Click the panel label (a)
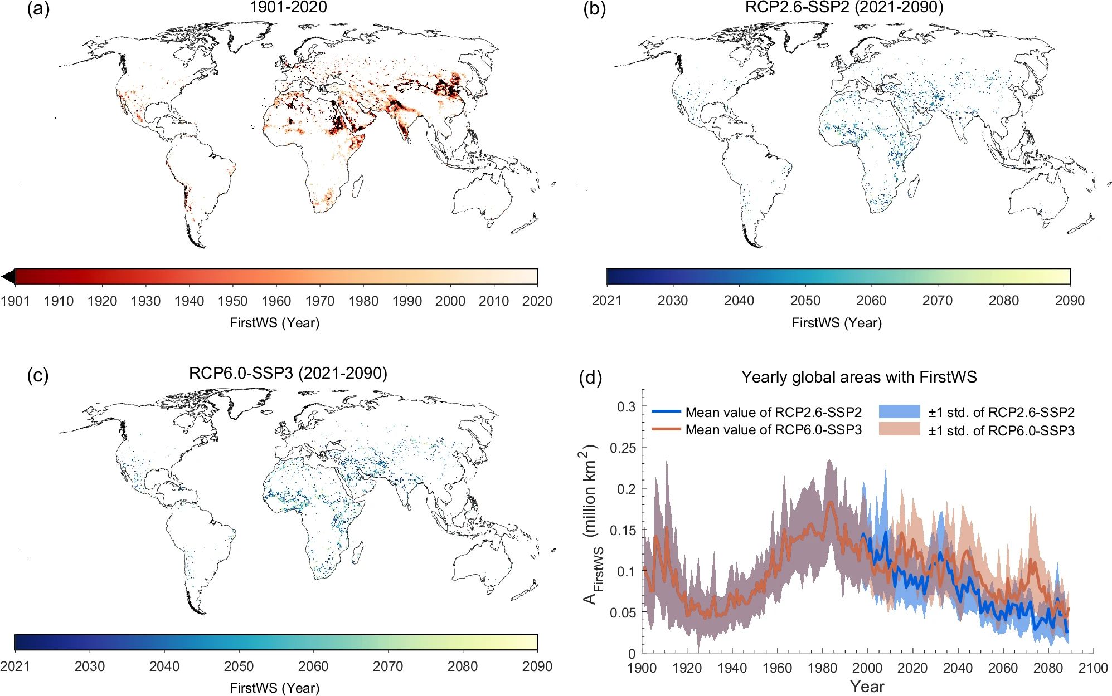[38, 9]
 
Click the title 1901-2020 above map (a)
[288, 7]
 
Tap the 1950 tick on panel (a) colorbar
[233, 301]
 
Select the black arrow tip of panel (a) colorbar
[8, 277]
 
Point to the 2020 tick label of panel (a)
[537, 301]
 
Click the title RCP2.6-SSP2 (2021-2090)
[844, 7]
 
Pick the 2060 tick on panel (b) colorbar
[871, 300]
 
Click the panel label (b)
[594, 9]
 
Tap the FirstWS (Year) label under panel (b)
[837, 322]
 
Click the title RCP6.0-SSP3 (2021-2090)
[288, 372]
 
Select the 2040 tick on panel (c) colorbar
[164, 666]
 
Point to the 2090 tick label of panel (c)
[537, 666]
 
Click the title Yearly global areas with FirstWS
[859, 377]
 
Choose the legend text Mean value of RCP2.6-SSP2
[774, 412]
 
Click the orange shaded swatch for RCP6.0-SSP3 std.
[899, 429]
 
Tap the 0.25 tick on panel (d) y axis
[623, 448]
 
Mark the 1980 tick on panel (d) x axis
[822, 668]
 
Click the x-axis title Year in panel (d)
[867, 687]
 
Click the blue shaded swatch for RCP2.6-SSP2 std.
[899, 411]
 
